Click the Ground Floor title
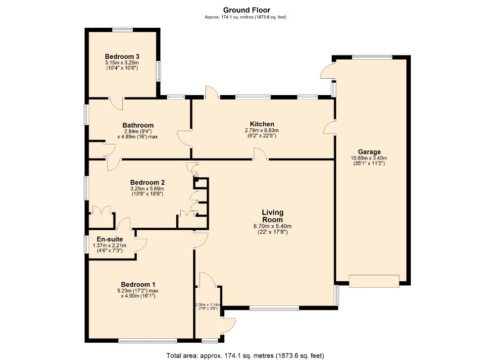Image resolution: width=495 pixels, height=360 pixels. (x=246, y=10)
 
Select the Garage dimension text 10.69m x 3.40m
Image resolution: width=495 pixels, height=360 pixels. (x=369, y=159)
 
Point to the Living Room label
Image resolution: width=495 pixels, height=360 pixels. (x=272, y=216)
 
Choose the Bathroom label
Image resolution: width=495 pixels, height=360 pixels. (x=138, y=125)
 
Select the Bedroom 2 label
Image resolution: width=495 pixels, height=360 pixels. (x=147, y=182)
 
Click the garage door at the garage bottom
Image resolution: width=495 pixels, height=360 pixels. (x=374, y=281)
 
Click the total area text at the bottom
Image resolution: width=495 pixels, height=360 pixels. (x=246, y=355)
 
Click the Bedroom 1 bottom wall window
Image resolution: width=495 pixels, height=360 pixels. (x=148, y=340)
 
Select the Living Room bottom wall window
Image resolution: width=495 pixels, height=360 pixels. (x=274, y=308)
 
